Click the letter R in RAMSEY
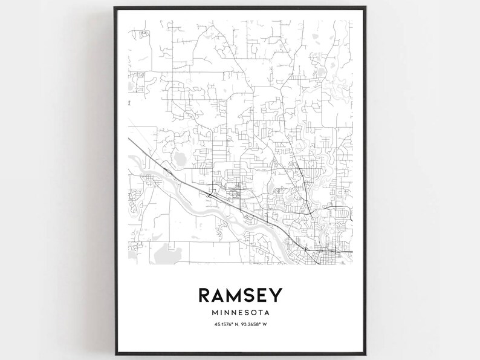click(x=204, y=295)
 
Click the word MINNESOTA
click(x=240, y=313)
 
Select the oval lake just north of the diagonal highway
click(x=180, y=160)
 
